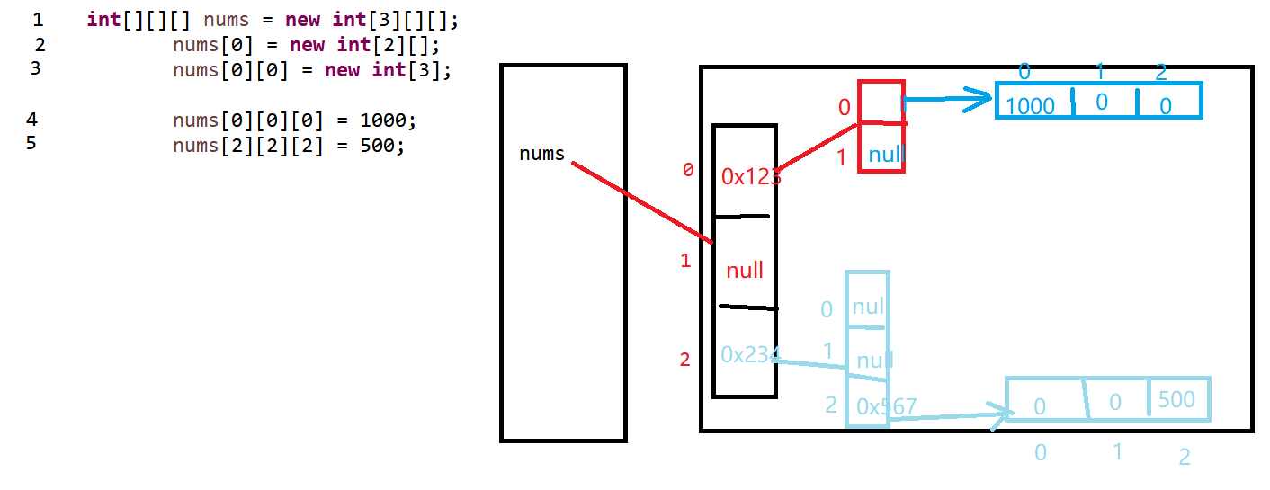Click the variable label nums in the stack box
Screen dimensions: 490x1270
[541, 154]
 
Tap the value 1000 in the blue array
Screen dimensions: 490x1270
[1030, 106]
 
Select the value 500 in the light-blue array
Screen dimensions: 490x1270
[1176, 399]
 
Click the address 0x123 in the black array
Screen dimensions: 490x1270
[750, 177]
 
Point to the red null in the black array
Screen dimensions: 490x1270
[745, 269]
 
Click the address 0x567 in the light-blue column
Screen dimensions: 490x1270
[886, 407]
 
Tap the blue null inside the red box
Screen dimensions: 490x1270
[886, 155]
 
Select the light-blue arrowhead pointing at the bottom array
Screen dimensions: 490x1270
[1002, 415]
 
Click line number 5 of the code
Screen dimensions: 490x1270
[31, 142]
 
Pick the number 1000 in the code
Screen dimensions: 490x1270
[388, 120]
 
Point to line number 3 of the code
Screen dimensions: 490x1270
[35, 67]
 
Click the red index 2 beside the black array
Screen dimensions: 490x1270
[685, 360]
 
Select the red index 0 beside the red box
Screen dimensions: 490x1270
[844, 108]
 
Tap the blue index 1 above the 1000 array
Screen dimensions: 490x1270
[1100, 71]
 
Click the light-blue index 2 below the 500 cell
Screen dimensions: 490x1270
[1185, 457]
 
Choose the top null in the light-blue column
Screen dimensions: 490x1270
[868, 307]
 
